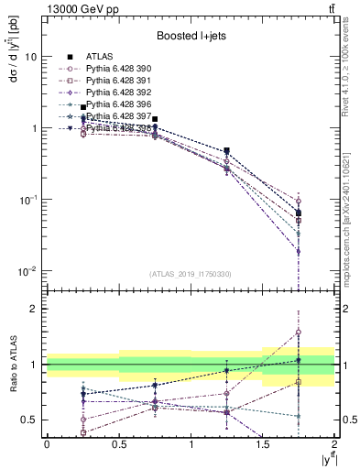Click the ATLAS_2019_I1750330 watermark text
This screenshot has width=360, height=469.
[191, 274]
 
